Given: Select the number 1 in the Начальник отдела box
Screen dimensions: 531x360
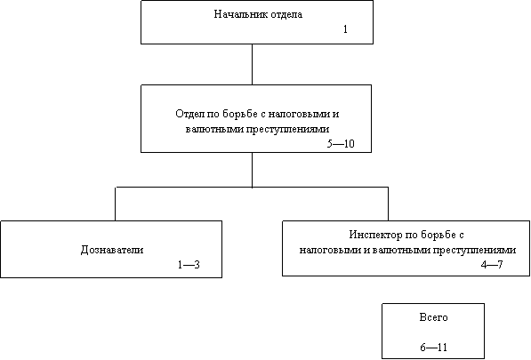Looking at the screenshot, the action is [x=345, y=29].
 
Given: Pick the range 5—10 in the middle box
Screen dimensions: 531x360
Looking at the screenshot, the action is [x=341, y=143].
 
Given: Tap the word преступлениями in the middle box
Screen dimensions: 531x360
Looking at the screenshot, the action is [x=287, y=129].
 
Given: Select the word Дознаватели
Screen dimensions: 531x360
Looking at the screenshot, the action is [x=112, y=250].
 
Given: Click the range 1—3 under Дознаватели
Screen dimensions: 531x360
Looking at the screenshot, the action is [x=189, y=265].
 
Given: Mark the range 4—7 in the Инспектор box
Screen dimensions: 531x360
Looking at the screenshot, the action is [x=492, y=264].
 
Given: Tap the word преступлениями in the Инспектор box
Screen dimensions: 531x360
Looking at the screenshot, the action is [x=474, y=250].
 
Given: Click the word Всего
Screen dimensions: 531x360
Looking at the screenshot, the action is [x=433, y=317].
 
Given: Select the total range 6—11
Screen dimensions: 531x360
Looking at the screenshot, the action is [x=433, y=348].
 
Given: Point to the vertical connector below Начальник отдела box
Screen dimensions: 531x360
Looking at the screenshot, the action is [x=252, y=64].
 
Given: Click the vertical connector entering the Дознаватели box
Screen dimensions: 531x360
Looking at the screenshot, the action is [x=115, y=204].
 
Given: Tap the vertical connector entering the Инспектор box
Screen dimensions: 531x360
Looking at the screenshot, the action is [x=388, y=204].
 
